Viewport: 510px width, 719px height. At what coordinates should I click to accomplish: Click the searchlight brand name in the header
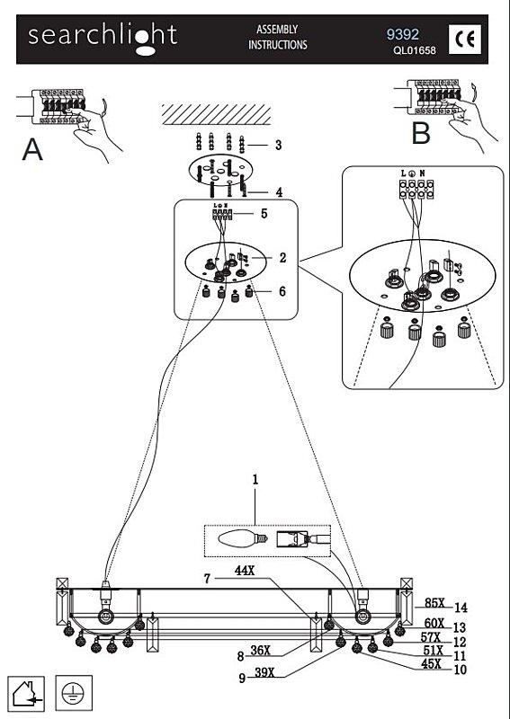tap(103, 38)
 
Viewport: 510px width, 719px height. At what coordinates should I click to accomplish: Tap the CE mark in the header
tap(464, 40)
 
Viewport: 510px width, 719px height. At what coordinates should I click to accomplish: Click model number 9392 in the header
tap(403, 34)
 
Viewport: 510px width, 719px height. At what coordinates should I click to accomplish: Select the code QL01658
tap(415, 50)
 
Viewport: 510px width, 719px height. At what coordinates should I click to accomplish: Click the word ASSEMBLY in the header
tap(277, 30)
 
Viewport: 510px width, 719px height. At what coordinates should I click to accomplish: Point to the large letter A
tap(32, 149)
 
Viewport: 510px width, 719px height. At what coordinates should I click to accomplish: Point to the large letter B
tap(421, 132)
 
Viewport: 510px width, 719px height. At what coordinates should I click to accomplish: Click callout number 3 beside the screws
tap(278, 146)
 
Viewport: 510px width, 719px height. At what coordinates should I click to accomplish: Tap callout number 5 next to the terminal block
tap(264, 214)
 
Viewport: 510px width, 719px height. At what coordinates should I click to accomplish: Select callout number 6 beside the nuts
tap(282, 291)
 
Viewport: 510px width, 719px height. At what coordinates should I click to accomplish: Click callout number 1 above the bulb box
tap(255, 480)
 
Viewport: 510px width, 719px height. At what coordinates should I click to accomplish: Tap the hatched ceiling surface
tap(216, 115)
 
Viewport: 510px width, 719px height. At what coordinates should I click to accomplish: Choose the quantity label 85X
tap(434, 603)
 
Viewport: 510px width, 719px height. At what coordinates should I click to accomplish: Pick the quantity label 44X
tap(245, 571)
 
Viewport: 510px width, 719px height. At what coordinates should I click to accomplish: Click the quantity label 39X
tap(264, 672)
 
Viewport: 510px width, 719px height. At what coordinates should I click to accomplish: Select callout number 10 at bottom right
tap(460, 670)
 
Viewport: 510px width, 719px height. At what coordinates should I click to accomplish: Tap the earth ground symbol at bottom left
tap(74, 693)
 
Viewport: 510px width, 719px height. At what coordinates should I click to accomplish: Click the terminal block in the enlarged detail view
tap(416, 189)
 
